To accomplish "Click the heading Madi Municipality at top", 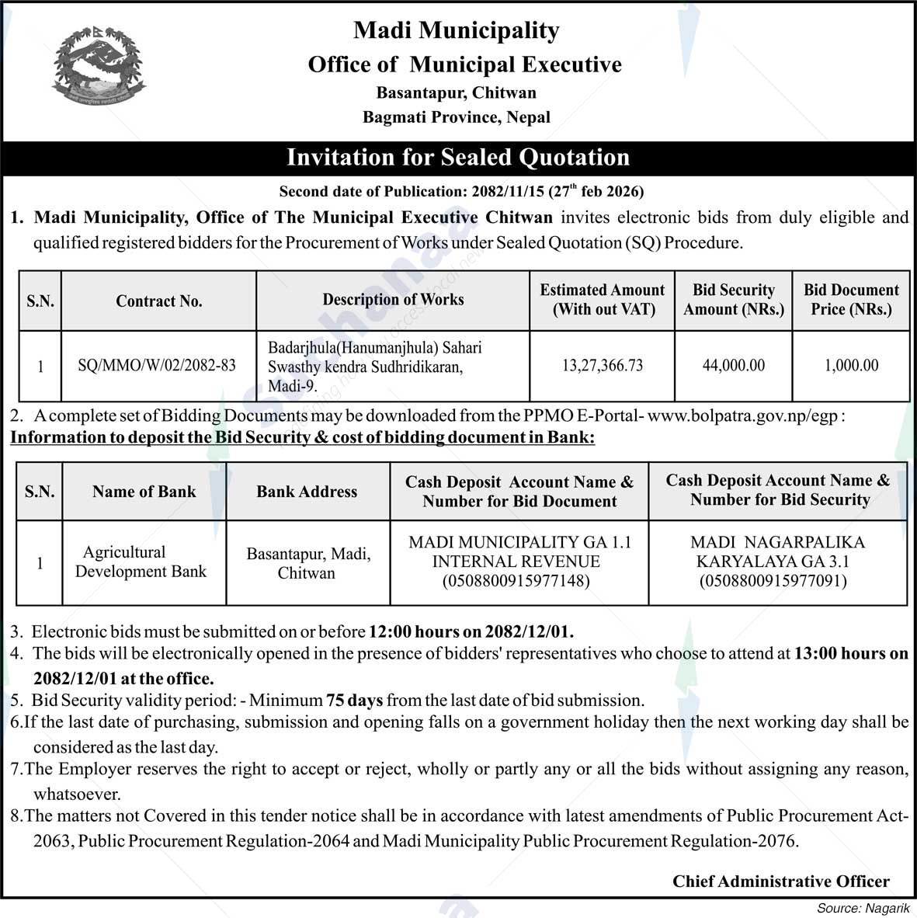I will (456, 31).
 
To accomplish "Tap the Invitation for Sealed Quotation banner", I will (458, 158).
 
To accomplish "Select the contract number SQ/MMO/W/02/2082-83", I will (157, 365).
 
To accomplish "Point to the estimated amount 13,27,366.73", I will (603, 365).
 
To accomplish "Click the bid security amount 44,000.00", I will (733, 365).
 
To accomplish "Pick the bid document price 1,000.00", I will (851, 365).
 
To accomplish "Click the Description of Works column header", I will (393, 300).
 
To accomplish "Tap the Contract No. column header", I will (158, 301).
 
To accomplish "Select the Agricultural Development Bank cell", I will (141, 562).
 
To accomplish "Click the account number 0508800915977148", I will (516, 581).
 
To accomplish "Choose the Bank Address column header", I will (307, 492).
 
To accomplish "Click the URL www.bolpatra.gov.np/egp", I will (743, 416).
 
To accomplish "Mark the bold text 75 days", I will (354, 701).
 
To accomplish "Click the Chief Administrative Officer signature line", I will (780, 881).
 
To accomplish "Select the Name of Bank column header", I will (144, 492).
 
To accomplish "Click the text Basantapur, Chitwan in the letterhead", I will (456, 93).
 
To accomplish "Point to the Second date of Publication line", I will (461, 191).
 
